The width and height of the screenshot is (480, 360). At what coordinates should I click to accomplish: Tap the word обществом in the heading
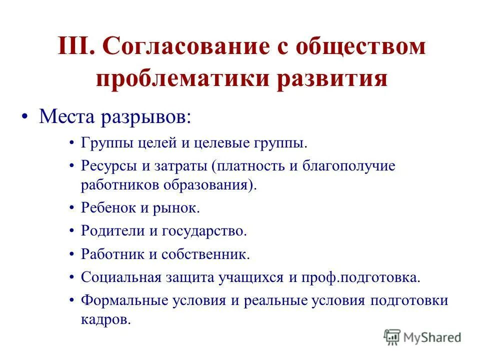click(366, 47)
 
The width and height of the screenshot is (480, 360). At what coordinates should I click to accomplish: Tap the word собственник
click(204, 254)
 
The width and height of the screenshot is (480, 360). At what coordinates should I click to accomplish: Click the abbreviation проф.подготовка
click(359, 277)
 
